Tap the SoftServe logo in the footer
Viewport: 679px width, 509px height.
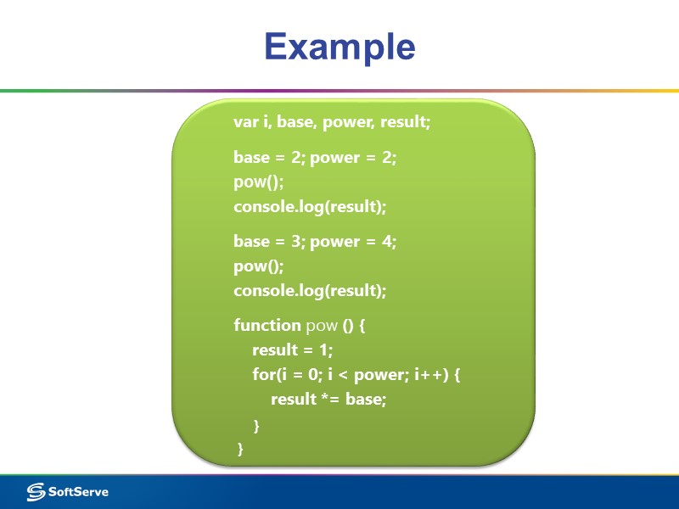tap(68, 491)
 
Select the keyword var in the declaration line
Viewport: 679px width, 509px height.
tap(245, 122)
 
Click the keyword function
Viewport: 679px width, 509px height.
tap(267, 325)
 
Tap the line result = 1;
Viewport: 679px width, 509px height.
tap(293, 350)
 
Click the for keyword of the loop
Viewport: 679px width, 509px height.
tap(261, 374)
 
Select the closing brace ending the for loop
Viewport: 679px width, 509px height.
tap(256, 424)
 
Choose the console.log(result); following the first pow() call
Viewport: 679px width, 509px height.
tap(310, 207)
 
